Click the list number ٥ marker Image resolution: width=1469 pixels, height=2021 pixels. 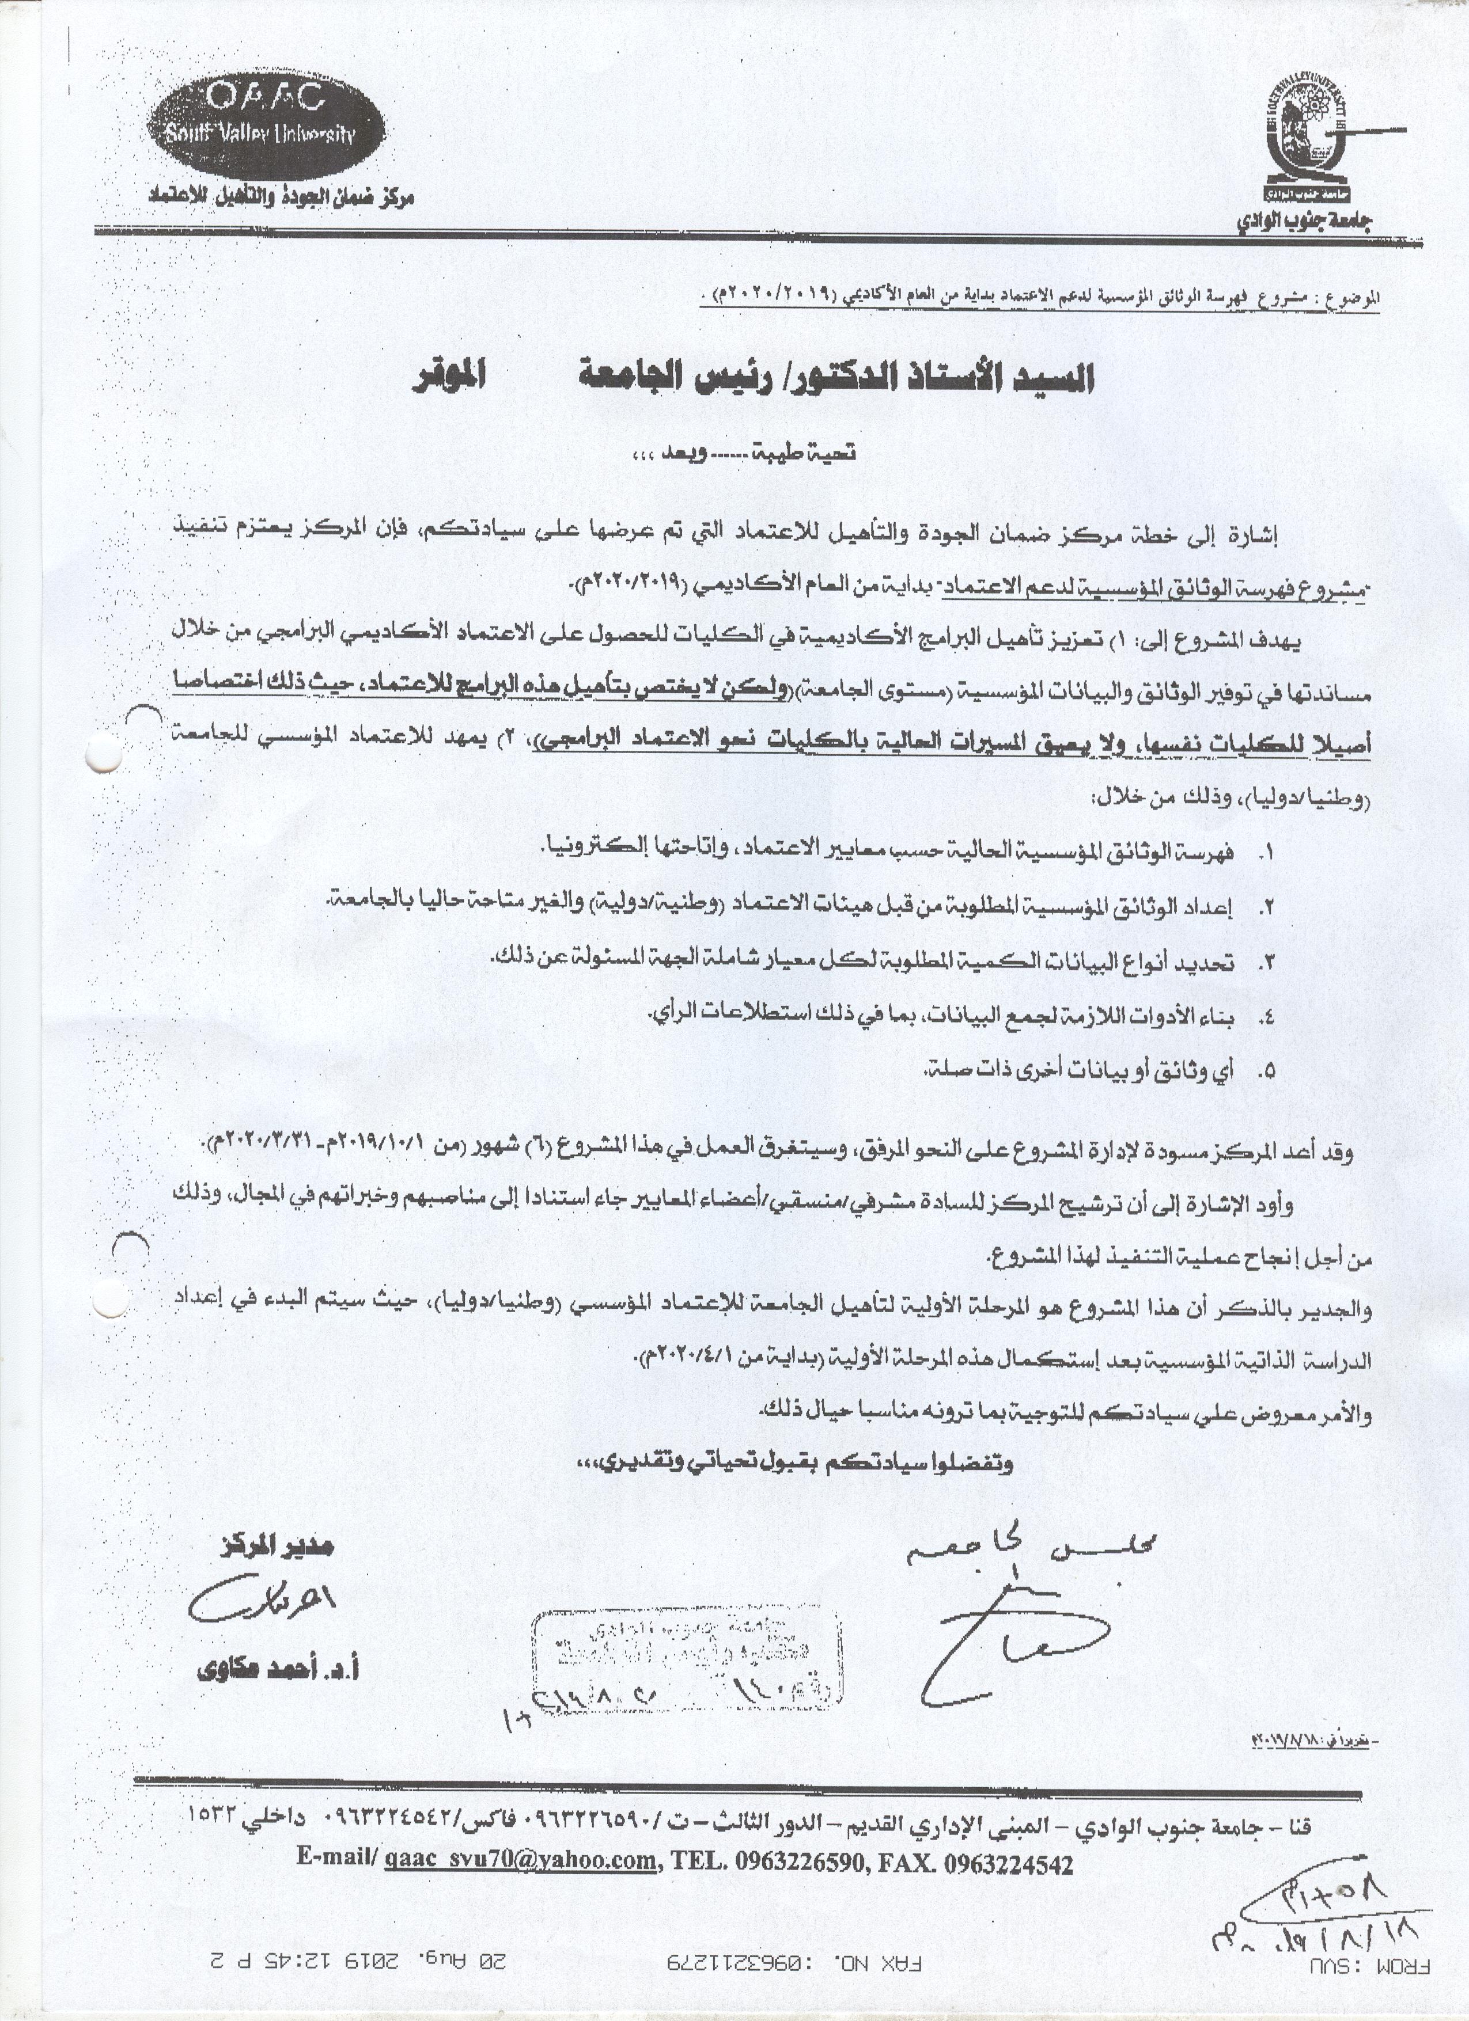1263,1073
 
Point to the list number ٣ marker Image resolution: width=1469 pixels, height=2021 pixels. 1263,963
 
